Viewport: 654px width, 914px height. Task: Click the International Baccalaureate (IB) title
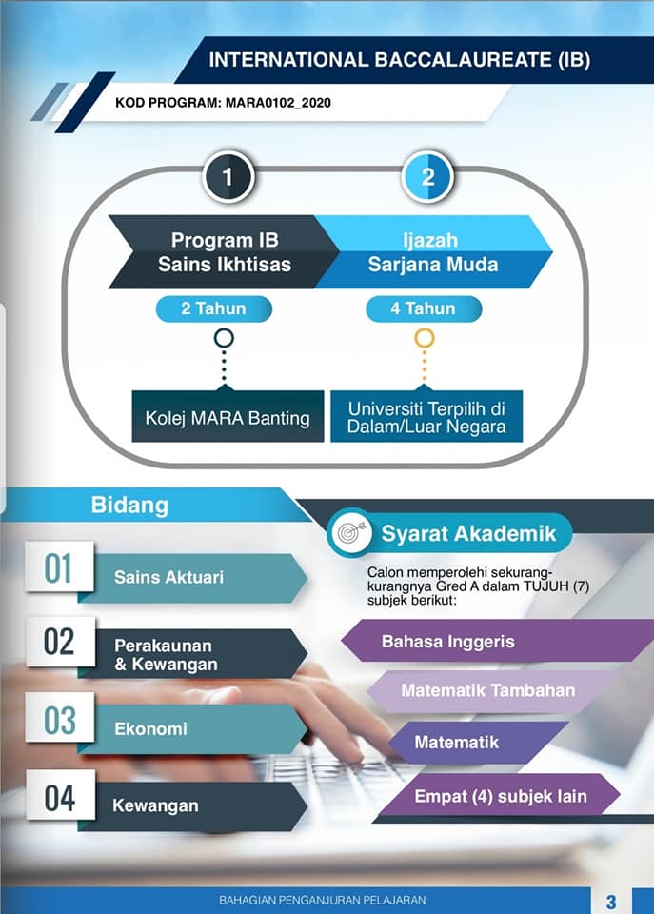click(399, 60)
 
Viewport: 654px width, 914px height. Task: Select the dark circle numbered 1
click(228, 177)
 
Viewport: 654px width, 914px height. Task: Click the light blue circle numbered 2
click(427, 177)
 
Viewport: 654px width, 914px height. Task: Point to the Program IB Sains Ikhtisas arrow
click(224, 251)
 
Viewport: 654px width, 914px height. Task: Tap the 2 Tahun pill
click(214, 308)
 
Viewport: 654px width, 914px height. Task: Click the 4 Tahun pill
click(424, 308)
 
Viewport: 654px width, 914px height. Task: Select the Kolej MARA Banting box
click(228, 416)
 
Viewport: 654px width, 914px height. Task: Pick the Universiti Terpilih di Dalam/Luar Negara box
click(426, 416)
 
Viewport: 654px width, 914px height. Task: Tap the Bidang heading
click(129, 505)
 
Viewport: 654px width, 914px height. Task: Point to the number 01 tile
click(59, 567)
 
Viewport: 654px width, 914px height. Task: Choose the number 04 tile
click(61, 796)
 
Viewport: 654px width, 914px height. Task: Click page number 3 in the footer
click(610, 902)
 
